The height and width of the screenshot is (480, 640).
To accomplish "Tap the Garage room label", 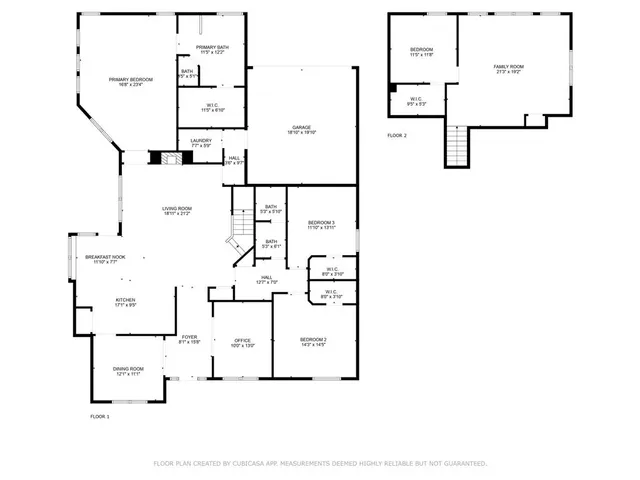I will pos(303,128).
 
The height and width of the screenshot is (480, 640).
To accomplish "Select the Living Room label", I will pos(177,209).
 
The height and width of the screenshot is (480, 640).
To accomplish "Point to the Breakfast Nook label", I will pos(105,257).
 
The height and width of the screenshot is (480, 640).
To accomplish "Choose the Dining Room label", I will pos(128,369).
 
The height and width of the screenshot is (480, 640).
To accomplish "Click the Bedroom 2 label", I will pos(314,340).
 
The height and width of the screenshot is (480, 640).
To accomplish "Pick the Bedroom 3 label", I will pos(321,222).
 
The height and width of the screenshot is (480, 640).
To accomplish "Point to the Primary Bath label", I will pos(212,48).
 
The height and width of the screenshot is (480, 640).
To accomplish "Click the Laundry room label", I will pos(200,142).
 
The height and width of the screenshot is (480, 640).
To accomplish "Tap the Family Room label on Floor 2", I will pos(508,67).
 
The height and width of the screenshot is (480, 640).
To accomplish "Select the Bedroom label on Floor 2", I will pos(421,50).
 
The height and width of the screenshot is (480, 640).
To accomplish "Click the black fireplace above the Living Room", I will pos(158,157).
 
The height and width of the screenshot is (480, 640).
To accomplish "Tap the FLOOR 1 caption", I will pos(100,416).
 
